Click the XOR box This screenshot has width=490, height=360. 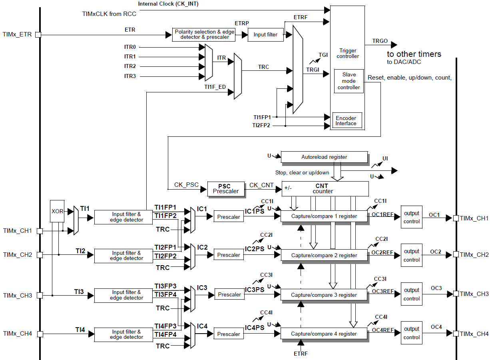click(58, 211)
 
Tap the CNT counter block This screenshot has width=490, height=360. click(325, 188)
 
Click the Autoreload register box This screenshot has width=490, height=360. click(324, 157)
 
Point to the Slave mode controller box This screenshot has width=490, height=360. click(349, 81)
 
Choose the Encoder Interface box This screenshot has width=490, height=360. click(347, 120)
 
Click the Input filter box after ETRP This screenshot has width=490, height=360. click(265, 34)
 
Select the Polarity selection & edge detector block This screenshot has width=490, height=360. click(204, 34)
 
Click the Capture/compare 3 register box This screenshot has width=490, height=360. click(324, 295)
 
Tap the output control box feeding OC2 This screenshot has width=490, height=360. click(411, 256)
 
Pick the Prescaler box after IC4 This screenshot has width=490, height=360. click(229, 334)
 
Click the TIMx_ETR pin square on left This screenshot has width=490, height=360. click(38, 35)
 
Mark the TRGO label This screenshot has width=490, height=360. click(380, 41)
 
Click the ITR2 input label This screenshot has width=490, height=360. click(130, 66)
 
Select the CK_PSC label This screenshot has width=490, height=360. click(186, 185)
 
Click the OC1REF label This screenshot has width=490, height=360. click(382, 214)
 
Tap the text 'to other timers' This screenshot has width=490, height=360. click(414, 54)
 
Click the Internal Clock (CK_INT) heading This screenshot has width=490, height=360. click(168, 4)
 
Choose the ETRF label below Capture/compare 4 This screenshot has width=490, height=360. click(301, 353)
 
